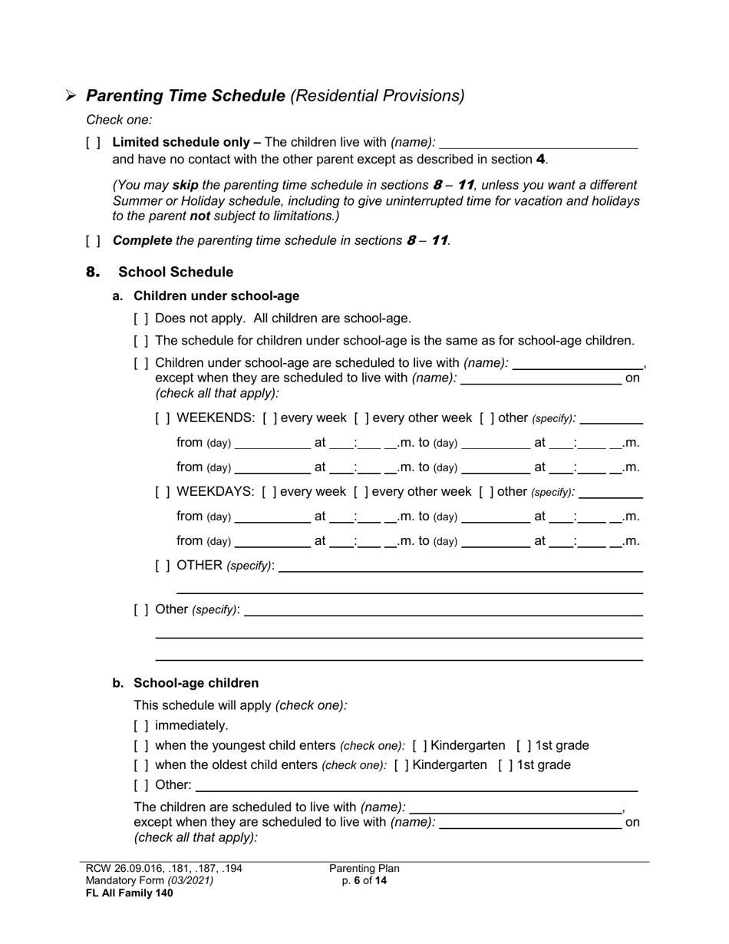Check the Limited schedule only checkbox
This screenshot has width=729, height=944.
[x=93, y=143]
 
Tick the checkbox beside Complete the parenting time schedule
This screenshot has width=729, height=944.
[x=93, y=241]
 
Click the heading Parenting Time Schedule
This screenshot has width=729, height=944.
[x=186, y=96]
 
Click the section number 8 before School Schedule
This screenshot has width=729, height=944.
[x=93, y=272]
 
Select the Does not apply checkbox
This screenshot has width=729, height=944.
[x=141, y=319]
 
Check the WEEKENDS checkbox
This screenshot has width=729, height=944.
[x=163, y=418]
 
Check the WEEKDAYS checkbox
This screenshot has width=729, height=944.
[x=163, y=492]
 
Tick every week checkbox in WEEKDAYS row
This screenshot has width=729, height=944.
[x=270, y=492]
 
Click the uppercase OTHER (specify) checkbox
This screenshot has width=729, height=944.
[x=163, y=566]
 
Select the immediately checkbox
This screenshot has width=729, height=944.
[x=141, y=726]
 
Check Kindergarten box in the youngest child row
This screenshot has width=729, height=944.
[x=420, y=746]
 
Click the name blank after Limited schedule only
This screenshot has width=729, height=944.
[x=539, y=143]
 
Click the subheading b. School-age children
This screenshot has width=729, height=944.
[x=196, y=683]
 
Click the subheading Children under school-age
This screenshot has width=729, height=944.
[x=216, y=296]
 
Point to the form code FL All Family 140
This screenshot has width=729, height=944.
[x=129, y=893]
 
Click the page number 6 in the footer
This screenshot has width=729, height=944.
[x=358, y=881]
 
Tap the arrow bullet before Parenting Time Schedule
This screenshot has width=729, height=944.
[x=71, y=97]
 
